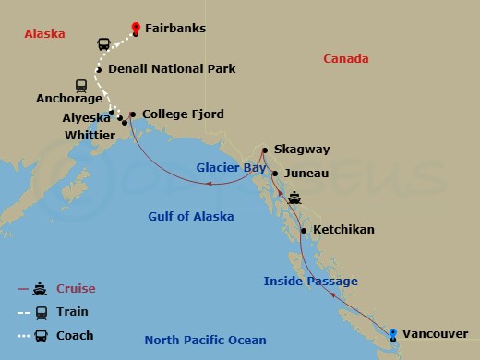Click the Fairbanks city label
(175, 29)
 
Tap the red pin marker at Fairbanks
(136, 28)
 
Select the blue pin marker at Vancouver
(394, 334)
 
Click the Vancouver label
(436, 333)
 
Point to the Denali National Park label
(172, 69)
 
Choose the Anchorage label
(68, 96)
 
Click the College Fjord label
(183, 115)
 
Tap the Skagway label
(307, 150)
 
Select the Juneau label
(306, 173)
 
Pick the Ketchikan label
(343, 229)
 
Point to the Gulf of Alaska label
(191, 217)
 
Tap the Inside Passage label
(310, 282)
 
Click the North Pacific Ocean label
(205, 341)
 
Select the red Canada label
(346, 59)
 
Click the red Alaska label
(44, 34)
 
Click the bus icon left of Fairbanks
(105, 43)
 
